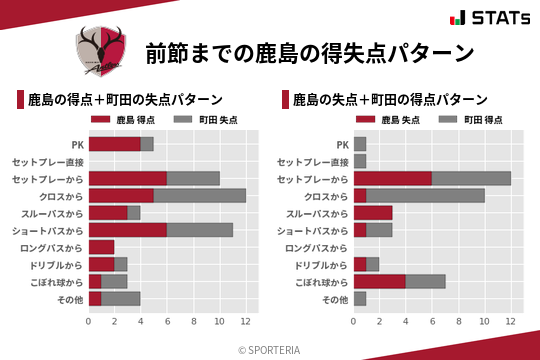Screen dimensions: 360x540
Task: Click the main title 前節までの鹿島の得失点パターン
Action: pyautogui.click(x=309, y=52)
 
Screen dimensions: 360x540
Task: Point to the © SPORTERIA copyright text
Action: pyautogui.click(x=270, y=349)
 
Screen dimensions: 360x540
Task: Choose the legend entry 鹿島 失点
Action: pyautogui.click(x=386, y=119)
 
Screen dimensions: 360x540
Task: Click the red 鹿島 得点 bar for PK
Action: pyautogui.click(x=114, y=144)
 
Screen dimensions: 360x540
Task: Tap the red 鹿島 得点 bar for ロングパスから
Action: pyautogui.click(x=101, y=247)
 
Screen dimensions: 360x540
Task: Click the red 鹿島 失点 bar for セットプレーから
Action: pyautogui.click(x=393, y=178)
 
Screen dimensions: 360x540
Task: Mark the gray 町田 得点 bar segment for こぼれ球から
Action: pyautogui.click(x=426, y=281)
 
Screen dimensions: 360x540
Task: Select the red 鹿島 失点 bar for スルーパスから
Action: pyautogui.click(x=373, y=213)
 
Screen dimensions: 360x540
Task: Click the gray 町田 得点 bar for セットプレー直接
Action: pyautogui.click(x=360, y=161)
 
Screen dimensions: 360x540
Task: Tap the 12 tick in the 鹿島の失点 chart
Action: pyautogui.click(x=511, y=321)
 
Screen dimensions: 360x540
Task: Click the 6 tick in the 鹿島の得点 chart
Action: pyautogui.click(x=167, y=321)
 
